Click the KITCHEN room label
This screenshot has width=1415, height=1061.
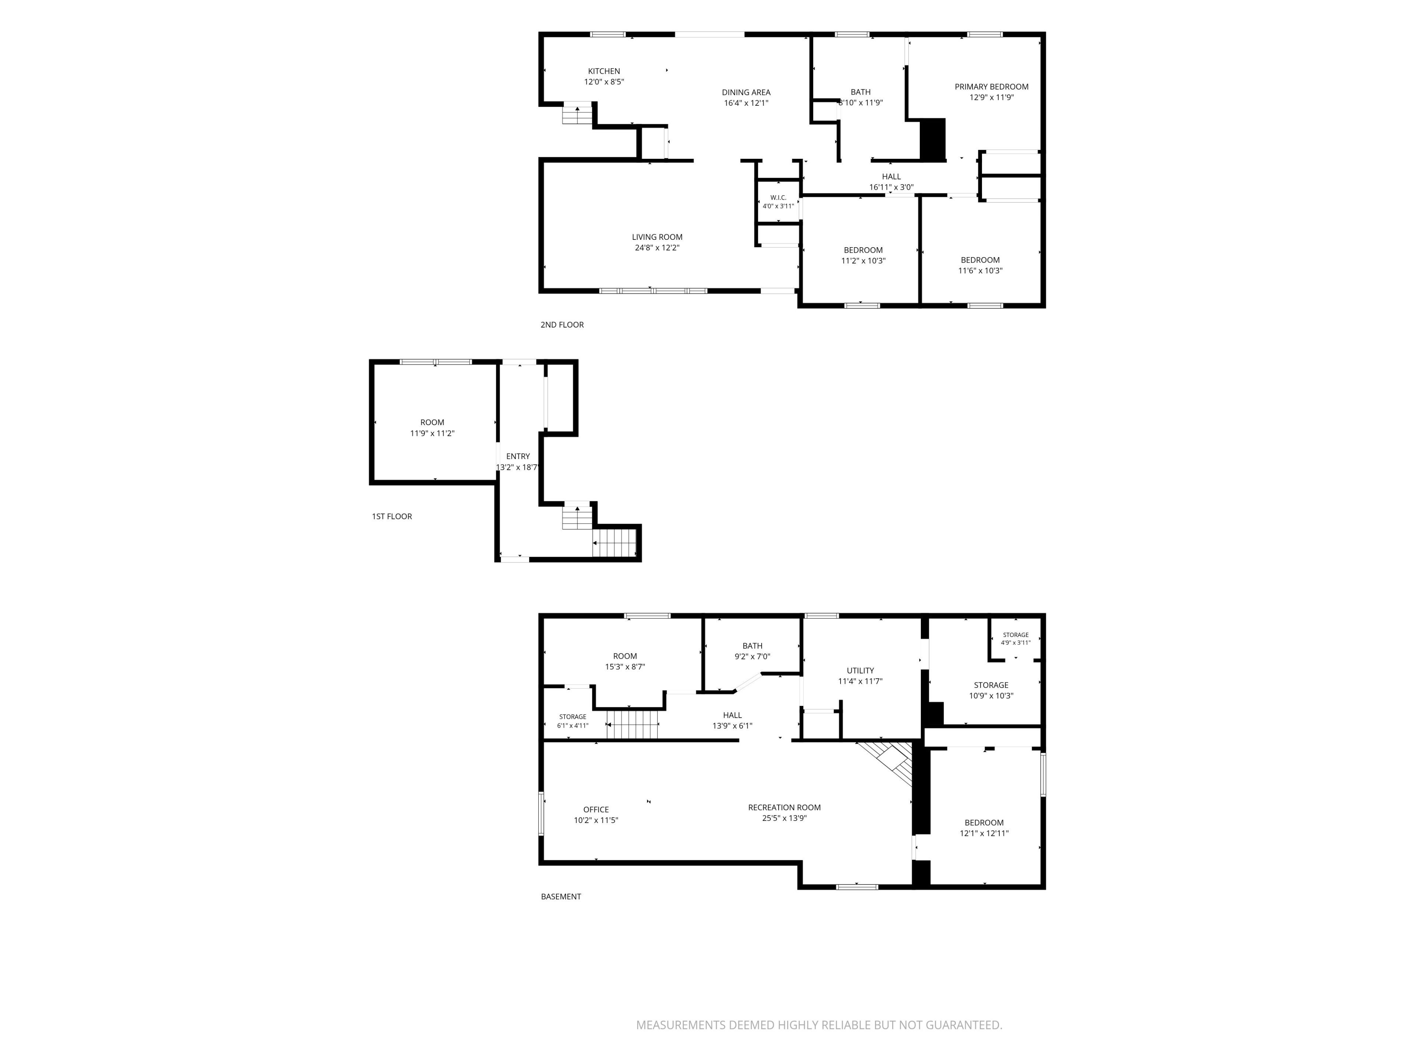pyautogui.click(x=604, y=71)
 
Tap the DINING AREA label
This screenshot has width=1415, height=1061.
pyautogui.click(x=746, y=92)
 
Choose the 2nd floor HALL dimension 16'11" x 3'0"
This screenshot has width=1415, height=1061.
pyautogui.click(x=891, y=188)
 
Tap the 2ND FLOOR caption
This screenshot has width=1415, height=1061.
pyautogui.click(x=562, y=325)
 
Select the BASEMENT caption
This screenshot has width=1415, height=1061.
pyautogui.click(x=561, y=897)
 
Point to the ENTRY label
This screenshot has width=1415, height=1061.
pyautogui.click(x=518, y=456)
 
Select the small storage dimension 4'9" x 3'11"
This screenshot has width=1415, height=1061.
pyautogui.click(x=1016, y=643)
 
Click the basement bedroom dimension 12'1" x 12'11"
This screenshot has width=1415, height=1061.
pyautogui.click(x=984, y=833)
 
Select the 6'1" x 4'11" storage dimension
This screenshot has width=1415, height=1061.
pyautogui.click(x=573, y=726)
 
